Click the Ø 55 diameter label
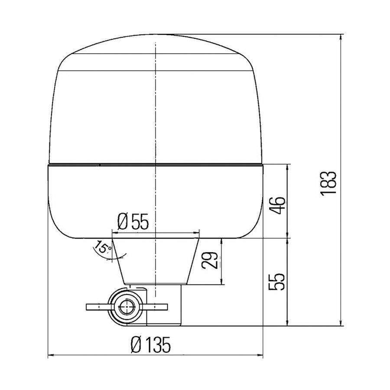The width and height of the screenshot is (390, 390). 133,222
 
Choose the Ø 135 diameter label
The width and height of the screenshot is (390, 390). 144,345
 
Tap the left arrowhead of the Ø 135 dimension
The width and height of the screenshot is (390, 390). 49,357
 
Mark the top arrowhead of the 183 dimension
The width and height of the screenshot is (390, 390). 342,36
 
